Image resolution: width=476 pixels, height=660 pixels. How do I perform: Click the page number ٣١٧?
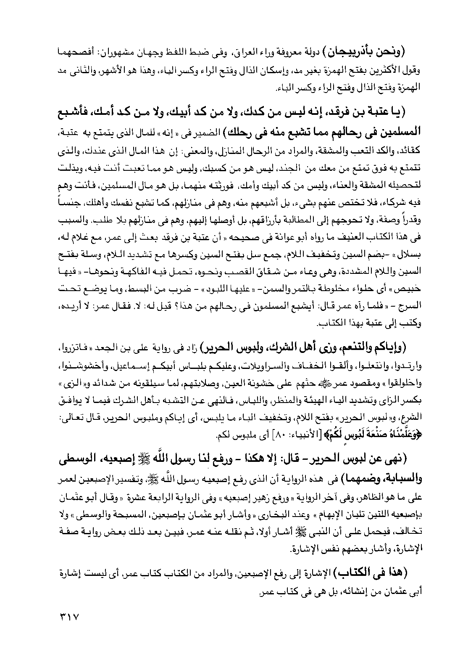tap(68, 617)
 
